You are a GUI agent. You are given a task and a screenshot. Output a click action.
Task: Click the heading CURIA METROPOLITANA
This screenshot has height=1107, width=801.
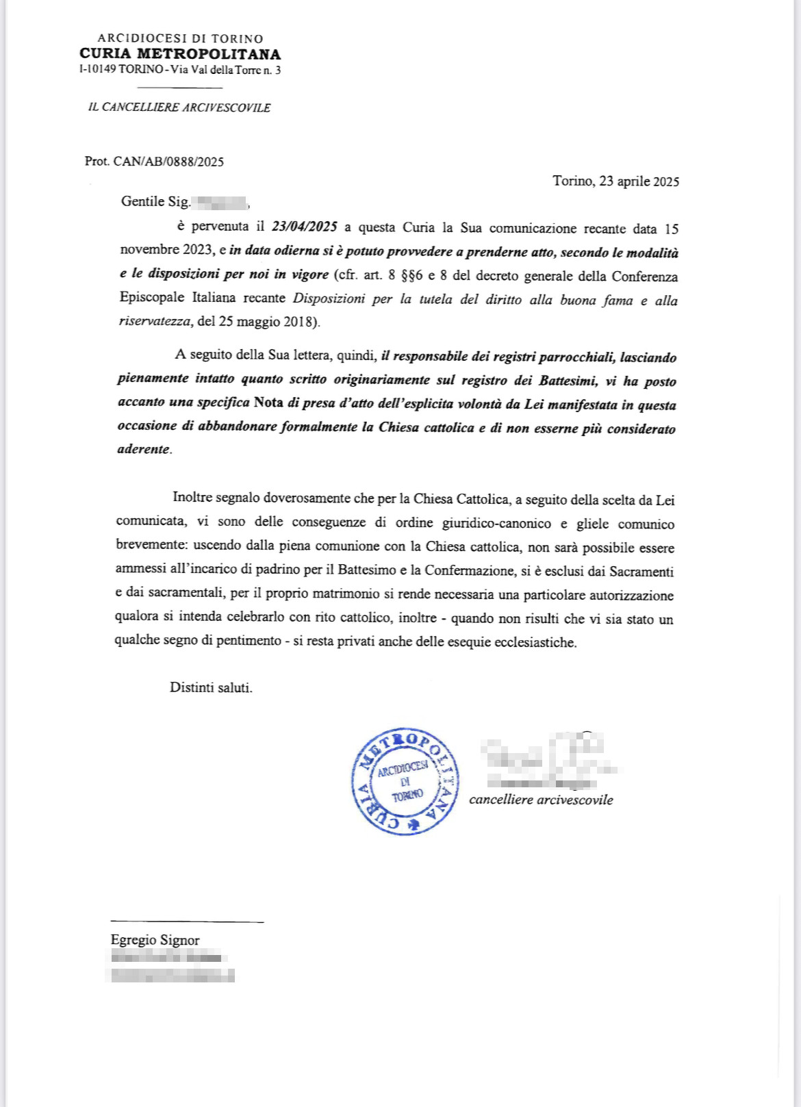(180, 54)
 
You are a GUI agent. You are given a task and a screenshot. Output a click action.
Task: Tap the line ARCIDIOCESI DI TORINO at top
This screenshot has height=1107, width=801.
(180, 39)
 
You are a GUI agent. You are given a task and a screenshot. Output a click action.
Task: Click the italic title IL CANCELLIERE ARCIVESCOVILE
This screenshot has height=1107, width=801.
(179, 107)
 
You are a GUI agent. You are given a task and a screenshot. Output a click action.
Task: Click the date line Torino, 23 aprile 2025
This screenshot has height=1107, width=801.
(615, 181)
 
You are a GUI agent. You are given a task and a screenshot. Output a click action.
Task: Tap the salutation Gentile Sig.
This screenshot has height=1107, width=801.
(155, 201)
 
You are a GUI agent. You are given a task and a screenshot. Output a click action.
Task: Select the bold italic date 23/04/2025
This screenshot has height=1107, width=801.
(304, 227)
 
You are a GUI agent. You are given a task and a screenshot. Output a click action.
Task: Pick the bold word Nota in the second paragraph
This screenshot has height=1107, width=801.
(268, 402)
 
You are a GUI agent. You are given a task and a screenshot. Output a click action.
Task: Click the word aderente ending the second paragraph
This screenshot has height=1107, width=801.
(144, 449)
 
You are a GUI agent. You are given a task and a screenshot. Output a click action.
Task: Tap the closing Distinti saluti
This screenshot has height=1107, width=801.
(211, 687)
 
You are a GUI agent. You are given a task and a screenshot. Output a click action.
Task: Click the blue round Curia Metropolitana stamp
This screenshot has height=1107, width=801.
(405, 782)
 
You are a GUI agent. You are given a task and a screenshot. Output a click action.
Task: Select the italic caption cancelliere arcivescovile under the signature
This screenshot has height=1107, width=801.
(541, 800)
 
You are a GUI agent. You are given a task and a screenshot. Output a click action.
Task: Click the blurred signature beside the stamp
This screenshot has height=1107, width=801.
(548, 760)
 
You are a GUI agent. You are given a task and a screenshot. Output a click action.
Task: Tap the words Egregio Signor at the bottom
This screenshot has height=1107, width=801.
(155, 940)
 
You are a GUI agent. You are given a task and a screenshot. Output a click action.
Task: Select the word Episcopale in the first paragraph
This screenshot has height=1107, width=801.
(152, 298)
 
